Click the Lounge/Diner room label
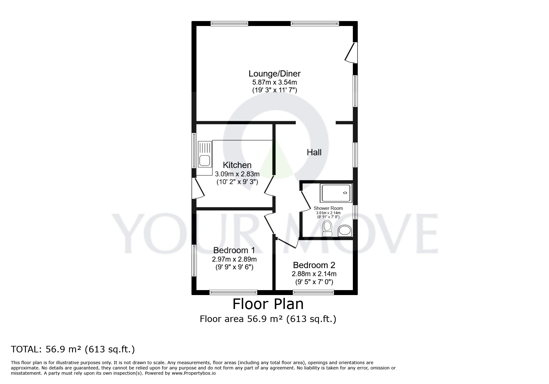pyautogui.click(x=274, y=74)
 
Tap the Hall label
pyautogui.click(x=314, y=152)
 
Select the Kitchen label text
pyautogui.click(x=237, y=165)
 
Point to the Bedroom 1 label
pyautogui.click(x=234, y=250)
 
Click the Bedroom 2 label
pyautogui.click(x=314, y=265)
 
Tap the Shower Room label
pyautogui.click(x=328, y=208)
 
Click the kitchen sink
pyautogui.click(x=204, y=160)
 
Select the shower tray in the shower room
pyautogui.click(x=336, y=193)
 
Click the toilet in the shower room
pyautogui.click(x=327, y=228)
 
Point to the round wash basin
pyautogui.click(x=344, y=230)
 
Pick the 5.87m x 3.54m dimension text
pyautogui.click(x=274, y=82)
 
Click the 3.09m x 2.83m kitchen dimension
pyautogui.click(x=237, y=174)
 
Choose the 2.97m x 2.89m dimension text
pyautogui.click(x=234, y=259)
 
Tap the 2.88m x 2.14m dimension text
pyautogui.click(x=314, y=274)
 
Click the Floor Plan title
pyautogui.click(x=268, y=304)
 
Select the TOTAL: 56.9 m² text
pyautogui.click(x=73, y=349)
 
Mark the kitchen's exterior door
pyautogui.click(x=197, y=188)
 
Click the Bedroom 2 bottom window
pyautogui.click(x=313, y=292)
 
